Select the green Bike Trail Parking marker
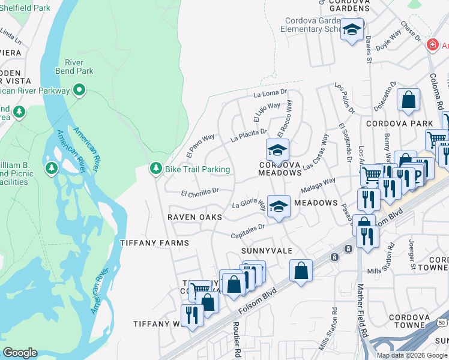[155, 169]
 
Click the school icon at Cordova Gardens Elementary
[352, 29]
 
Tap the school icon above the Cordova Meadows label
[277, 150]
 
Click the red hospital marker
[431, 45]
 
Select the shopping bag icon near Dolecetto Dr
[408, 100]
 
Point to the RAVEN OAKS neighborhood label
[194, 217]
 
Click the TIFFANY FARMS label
[154, 243]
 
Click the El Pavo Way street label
[200, 146]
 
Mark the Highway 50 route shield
[442, 323]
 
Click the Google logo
[20, 353]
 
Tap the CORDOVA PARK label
[403, 124]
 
